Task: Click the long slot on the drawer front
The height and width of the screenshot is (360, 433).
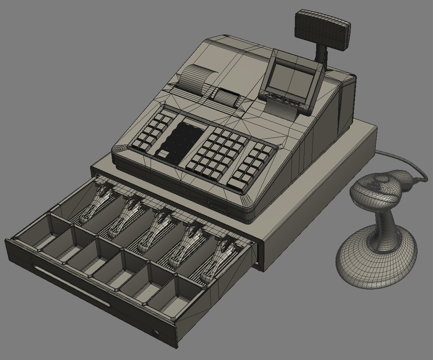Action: point(72,285)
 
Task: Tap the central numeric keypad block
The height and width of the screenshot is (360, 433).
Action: point(218,151)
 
